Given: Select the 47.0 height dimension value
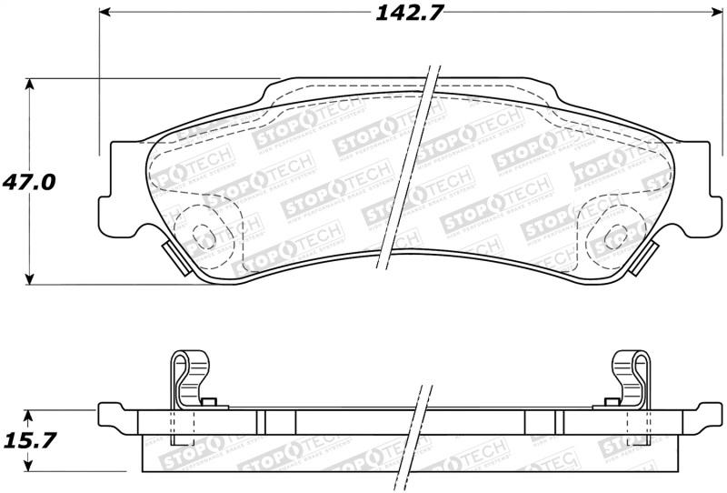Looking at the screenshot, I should pyautogui.click(x=29, y=182).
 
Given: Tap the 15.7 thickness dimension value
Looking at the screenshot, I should pyautogui.click(x=29, y=440).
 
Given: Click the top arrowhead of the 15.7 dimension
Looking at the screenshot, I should pyautogui.click(x=31, y=414).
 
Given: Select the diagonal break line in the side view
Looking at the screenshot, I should pyautogui.click(x=420, y=428).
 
